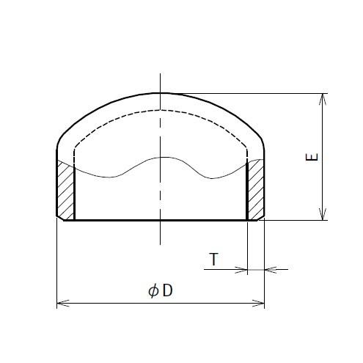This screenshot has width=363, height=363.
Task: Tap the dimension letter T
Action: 213,259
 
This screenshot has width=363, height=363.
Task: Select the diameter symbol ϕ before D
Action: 153,291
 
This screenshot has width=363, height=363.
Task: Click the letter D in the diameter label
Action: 168,291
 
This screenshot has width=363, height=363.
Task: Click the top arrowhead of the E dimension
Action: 322,98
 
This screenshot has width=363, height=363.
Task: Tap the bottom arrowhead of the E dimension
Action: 322,216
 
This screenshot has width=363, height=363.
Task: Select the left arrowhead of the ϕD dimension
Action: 61,302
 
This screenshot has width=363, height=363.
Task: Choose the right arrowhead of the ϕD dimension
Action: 260,302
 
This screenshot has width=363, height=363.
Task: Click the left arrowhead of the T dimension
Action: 243,269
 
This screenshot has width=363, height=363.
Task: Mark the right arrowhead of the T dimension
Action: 268,269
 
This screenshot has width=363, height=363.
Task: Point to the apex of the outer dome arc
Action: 160,93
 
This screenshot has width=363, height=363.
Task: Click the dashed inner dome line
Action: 117,118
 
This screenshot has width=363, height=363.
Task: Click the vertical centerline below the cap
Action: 160,235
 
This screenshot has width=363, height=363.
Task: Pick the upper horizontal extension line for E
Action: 257,93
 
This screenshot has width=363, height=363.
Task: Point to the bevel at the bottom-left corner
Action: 59,217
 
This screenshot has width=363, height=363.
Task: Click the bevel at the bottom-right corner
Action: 262,217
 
